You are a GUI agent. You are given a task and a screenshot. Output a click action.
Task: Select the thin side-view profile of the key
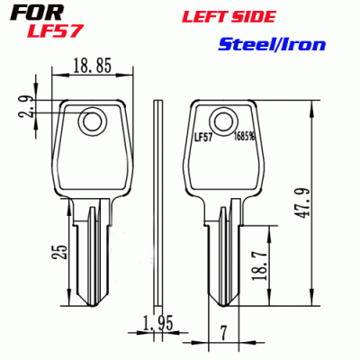(x=157, y=198)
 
